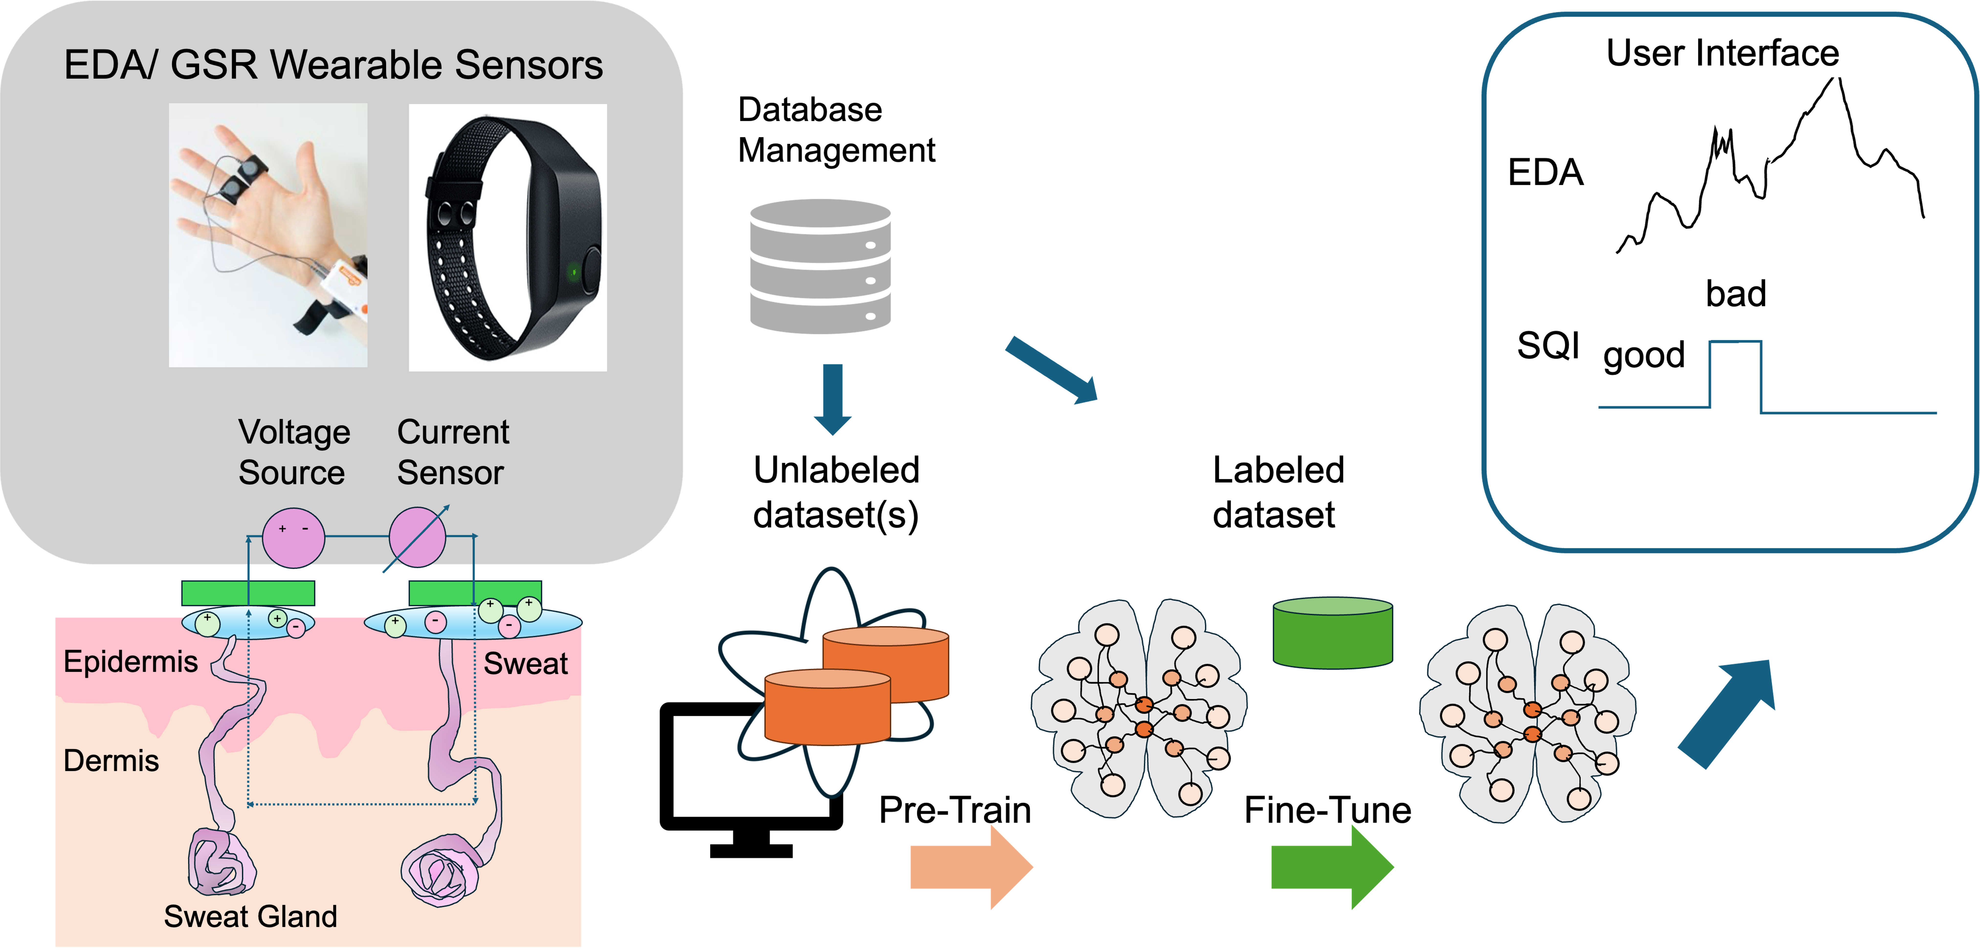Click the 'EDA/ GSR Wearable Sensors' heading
pyautogui.click(x=333, y=65)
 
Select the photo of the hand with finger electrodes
pyautogui.click(x=267, y=235)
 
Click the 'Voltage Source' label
pyautogui.click(x=294, y=452)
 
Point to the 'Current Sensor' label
pyautogui.click(x=453, y=452)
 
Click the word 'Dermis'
pyautogui.click(x=111, y=761)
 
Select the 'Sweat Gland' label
pyautogui.click(x=251, y=916)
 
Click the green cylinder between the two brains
pyautogui.click(x=1333, y=632)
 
